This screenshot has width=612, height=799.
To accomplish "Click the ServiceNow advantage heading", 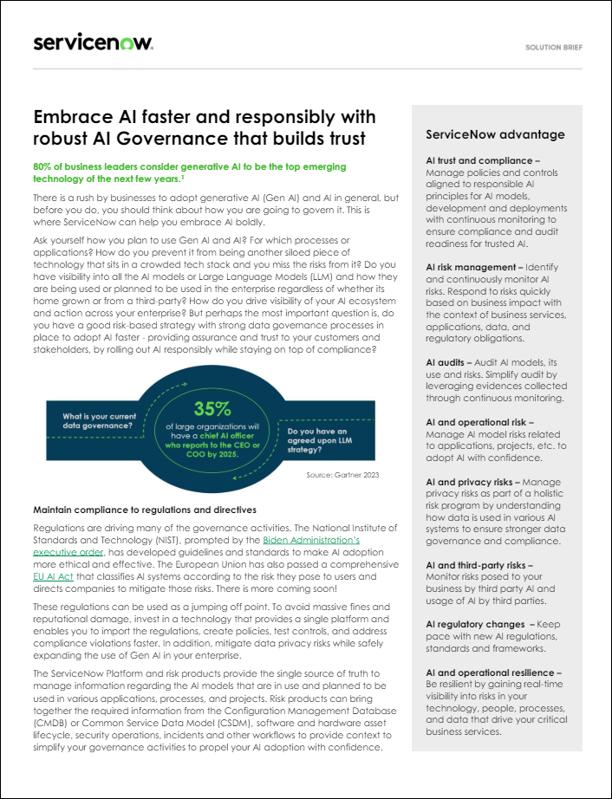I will point(495,134).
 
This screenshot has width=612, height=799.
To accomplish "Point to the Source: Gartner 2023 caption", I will point(342,475).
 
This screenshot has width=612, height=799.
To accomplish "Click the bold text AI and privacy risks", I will point(473,481).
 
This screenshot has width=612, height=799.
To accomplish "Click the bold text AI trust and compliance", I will point(482,160).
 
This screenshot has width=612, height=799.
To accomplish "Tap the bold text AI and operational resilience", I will point(493,672).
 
